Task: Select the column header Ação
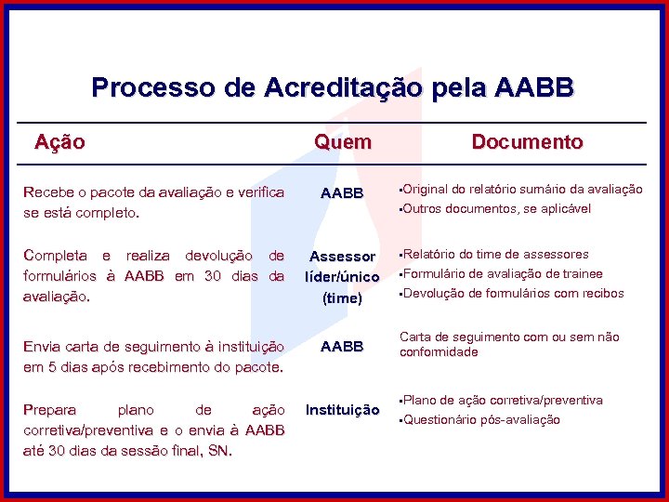pyautogui.click(x=59, y=142)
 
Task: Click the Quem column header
pyautogui.click(x=342, y=142)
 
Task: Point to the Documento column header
pyautogui.click(x=527, y=142)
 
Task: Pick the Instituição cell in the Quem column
pyautogui.click(x=342, y=410)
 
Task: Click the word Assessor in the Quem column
pyautogui.click(x=342, y=257)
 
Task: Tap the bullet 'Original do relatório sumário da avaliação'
pyautogui.click(x=521, y=189)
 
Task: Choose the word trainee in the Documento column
pyautogui.click(x=581, y=273)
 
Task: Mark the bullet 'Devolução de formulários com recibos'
pyautogui.click(x=512, y=293)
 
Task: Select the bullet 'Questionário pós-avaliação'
pyautogui.click(x=481, y=419)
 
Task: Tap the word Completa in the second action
pyautogui.click(x=55, y=256)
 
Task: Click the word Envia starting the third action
pyautogui.click(x=43, y=347)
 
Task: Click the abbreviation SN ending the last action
pyautogui.click(x=219, y=451)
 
